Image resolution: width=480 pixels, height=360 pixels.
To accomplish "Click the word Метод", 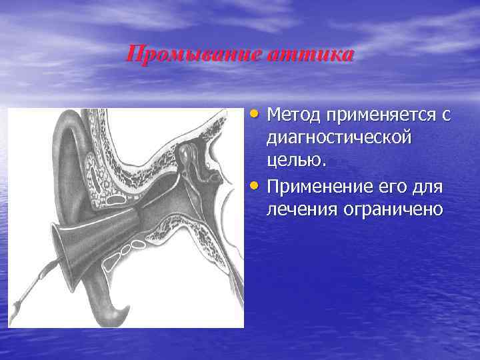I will point(294,116).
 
